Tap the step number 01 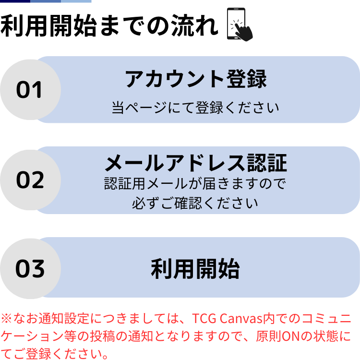[x=30, y=90]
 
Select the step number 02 [x=30, y=180]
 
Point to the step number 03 [x=30, y=269]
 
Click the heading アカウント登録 [x=195, y=79]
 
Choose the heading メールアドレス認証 [x=196, y=163]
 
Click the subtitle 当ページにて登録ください [x=195, y=107]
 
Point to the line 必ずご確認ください [x=195, y=203]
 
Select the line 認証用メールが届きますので [x=195, y=184]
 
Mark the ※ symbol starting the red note [x=6, y=319]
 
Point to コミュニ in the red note [x=331, y=319]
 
